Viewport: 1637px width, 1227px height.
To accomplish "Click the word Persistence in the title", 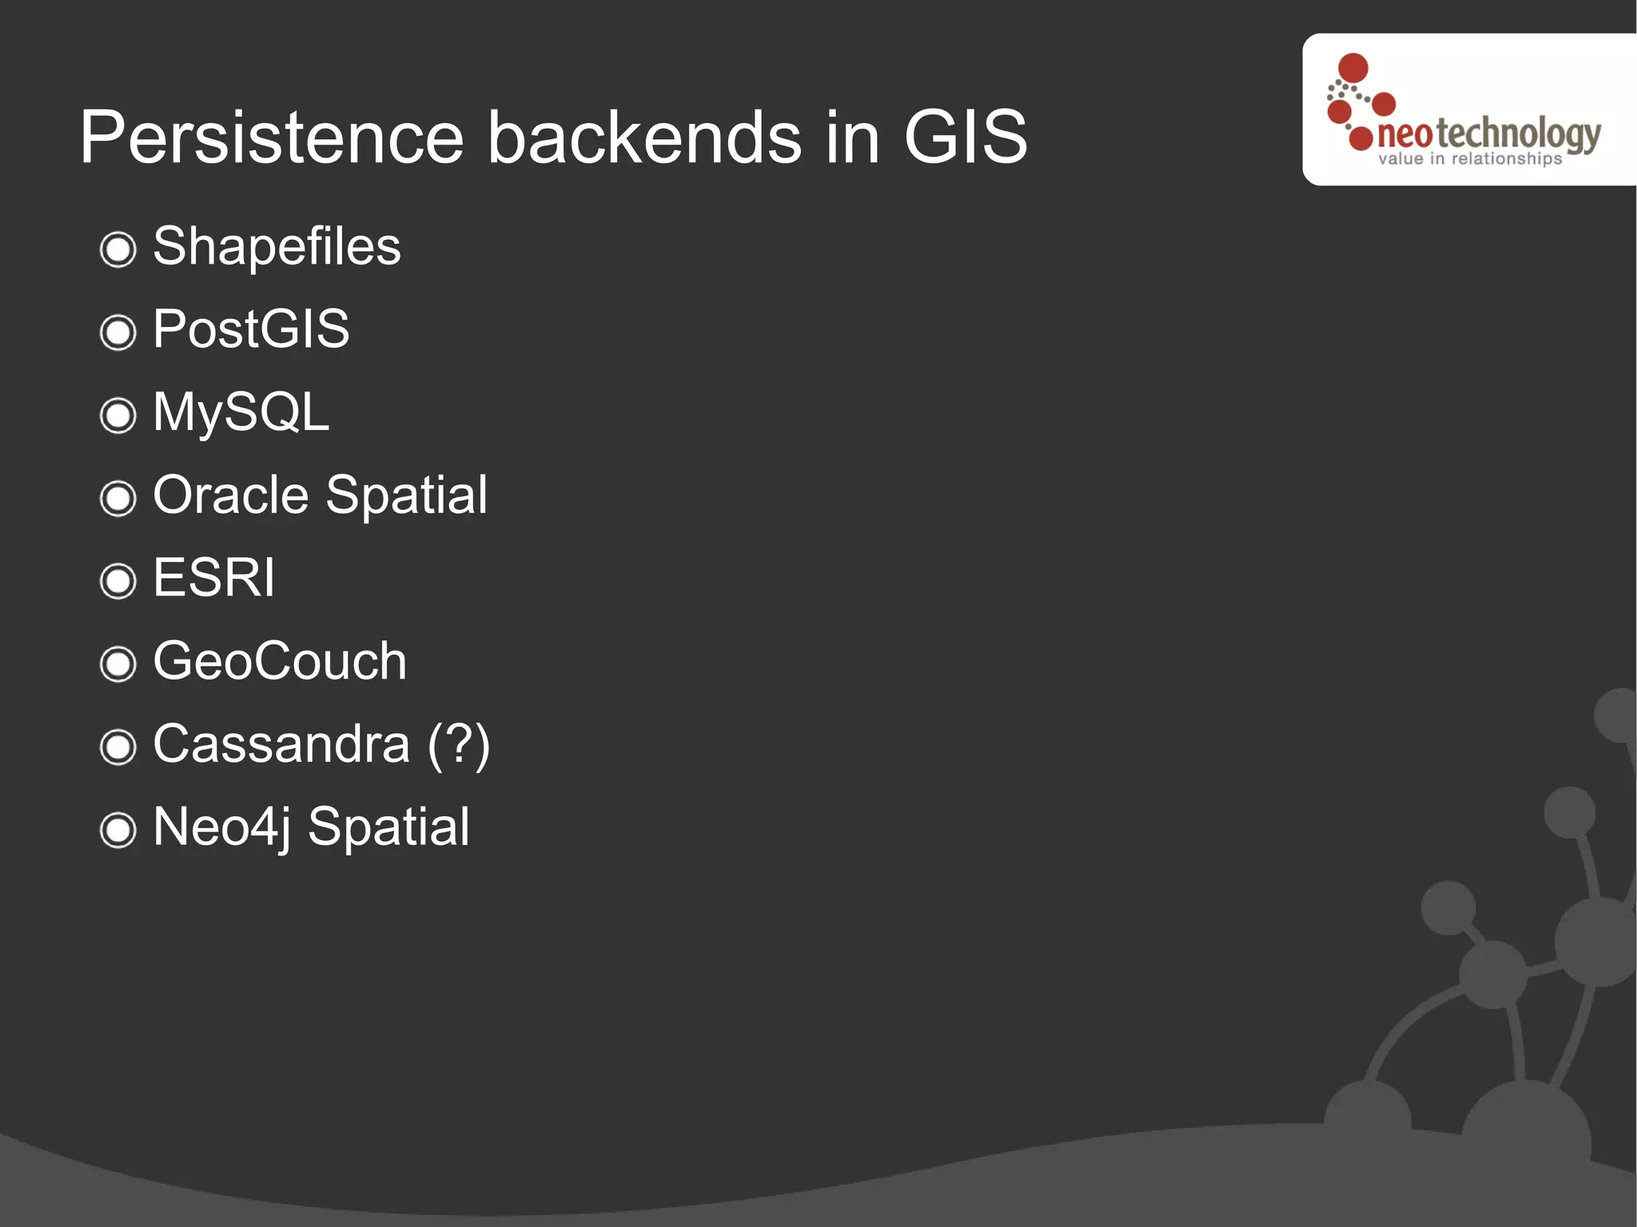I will pyautogui.click(x=272, y=137).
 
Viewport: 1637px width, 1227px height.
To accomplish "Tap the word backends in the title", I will pyautogui.click(x=644, y=137).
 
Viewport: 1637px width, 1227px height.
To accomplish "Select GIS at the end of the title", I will pyautogui.click(x=966, y=137).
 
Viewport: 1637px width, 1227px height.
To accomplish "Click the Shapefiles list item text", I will pyautogui.click(x=277, y=246).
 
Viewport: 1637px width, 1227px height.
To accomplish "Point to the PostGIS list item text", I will pyautogui.click(x=251, y=329).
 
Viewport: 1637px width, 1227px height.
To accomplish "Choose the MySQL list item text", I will pyautogui.click(x=241, y=412).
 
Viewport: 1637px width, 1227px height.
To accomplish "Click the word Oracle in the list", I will pyautogui.click(x=230, y=495).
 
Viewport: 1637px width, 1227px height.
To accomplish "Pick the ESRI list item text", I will pyautogui.click(x=213, y=577).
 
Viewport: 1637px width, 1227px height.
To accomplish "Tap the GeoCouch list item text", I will pyautogui.click(x=280, y=661).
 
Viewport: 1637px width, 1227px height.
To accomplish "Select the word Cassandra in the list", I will pyautogui.click(x=281, y=744).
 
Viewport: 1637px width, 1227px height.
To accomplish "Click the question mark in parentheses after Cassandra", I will pyautogui.click(x=459, y=744).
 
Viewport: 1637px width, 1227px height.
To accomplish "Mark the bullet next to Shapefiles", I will pyautogui.click(x=118, y=249).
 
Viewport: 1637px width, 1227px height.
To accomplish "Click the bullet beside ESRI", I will pyautogui.click(x=118, y=580).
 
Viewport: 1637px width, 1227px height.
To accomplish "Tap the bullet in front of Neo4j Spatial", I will pyautogui.click(x=118, y=830).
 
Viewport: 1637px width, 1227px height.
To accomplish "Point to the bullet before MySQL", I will pyautogui.click(x=118, y=415).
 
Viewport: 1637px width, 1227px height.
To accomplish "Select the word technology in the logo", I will pyautogui.click(x=1519, y=133).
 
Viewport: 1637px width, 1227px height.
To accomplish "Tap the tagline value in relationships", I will pyautogui.click(x=1469, y=159).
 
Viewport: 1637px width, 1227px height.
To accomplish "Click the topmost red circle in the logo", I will pyautogui.click(x=1352, y=67).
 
